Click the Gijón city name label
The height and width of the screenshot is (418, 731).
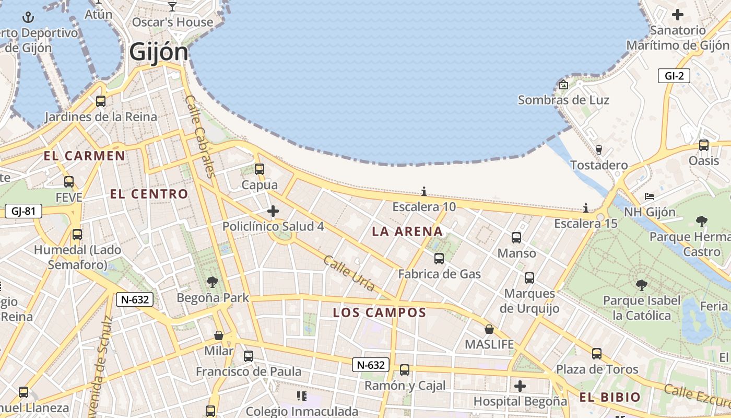tap(158, 52)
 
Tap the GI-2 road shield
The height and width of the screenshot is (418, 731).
tap(674, 76)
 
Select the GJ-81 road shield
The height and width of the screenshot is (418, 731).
tap(23, 211)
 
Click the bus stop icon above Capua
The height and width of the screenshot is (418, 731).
tap(260, 169)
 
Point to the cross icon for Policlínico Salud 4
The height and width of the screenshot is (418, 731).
tap(273, 211)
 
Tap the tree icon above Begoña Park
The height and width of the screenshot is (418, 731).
tap(213, 282)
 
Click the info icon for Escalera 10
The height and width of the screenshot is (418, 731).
tap(424, 192)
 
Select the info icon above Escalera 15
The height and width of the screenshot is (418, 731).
tap(586, 208)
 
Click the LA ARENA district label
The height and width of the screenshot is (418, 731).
tap(407, 231)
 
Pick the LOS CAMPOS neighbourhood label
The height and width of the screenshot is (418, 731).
tap(380, 313)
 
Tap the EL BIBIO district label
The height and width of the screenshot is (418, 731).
tap(609, 397)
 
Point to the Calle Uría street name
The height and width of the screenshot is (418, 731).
tap(349, 273)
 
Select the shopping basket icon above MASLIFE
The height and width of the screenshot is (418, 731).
tap(489, 329)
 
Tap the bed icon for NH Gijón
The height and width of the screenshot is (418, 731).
tap(650, 196)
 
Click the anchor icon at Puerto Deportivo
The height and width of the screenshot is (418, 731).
tap(28, 18)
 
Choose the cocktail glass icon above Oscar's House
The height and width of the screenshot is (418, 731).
tap(172, 7)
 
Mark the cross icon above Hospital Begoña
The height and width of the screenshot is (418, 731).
tap(520, 386)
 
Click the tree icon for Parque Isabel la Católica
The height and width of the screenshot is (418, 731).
tap(642, 285)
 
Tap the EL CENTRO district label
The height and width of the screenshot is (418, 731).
tap(149, 194)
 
